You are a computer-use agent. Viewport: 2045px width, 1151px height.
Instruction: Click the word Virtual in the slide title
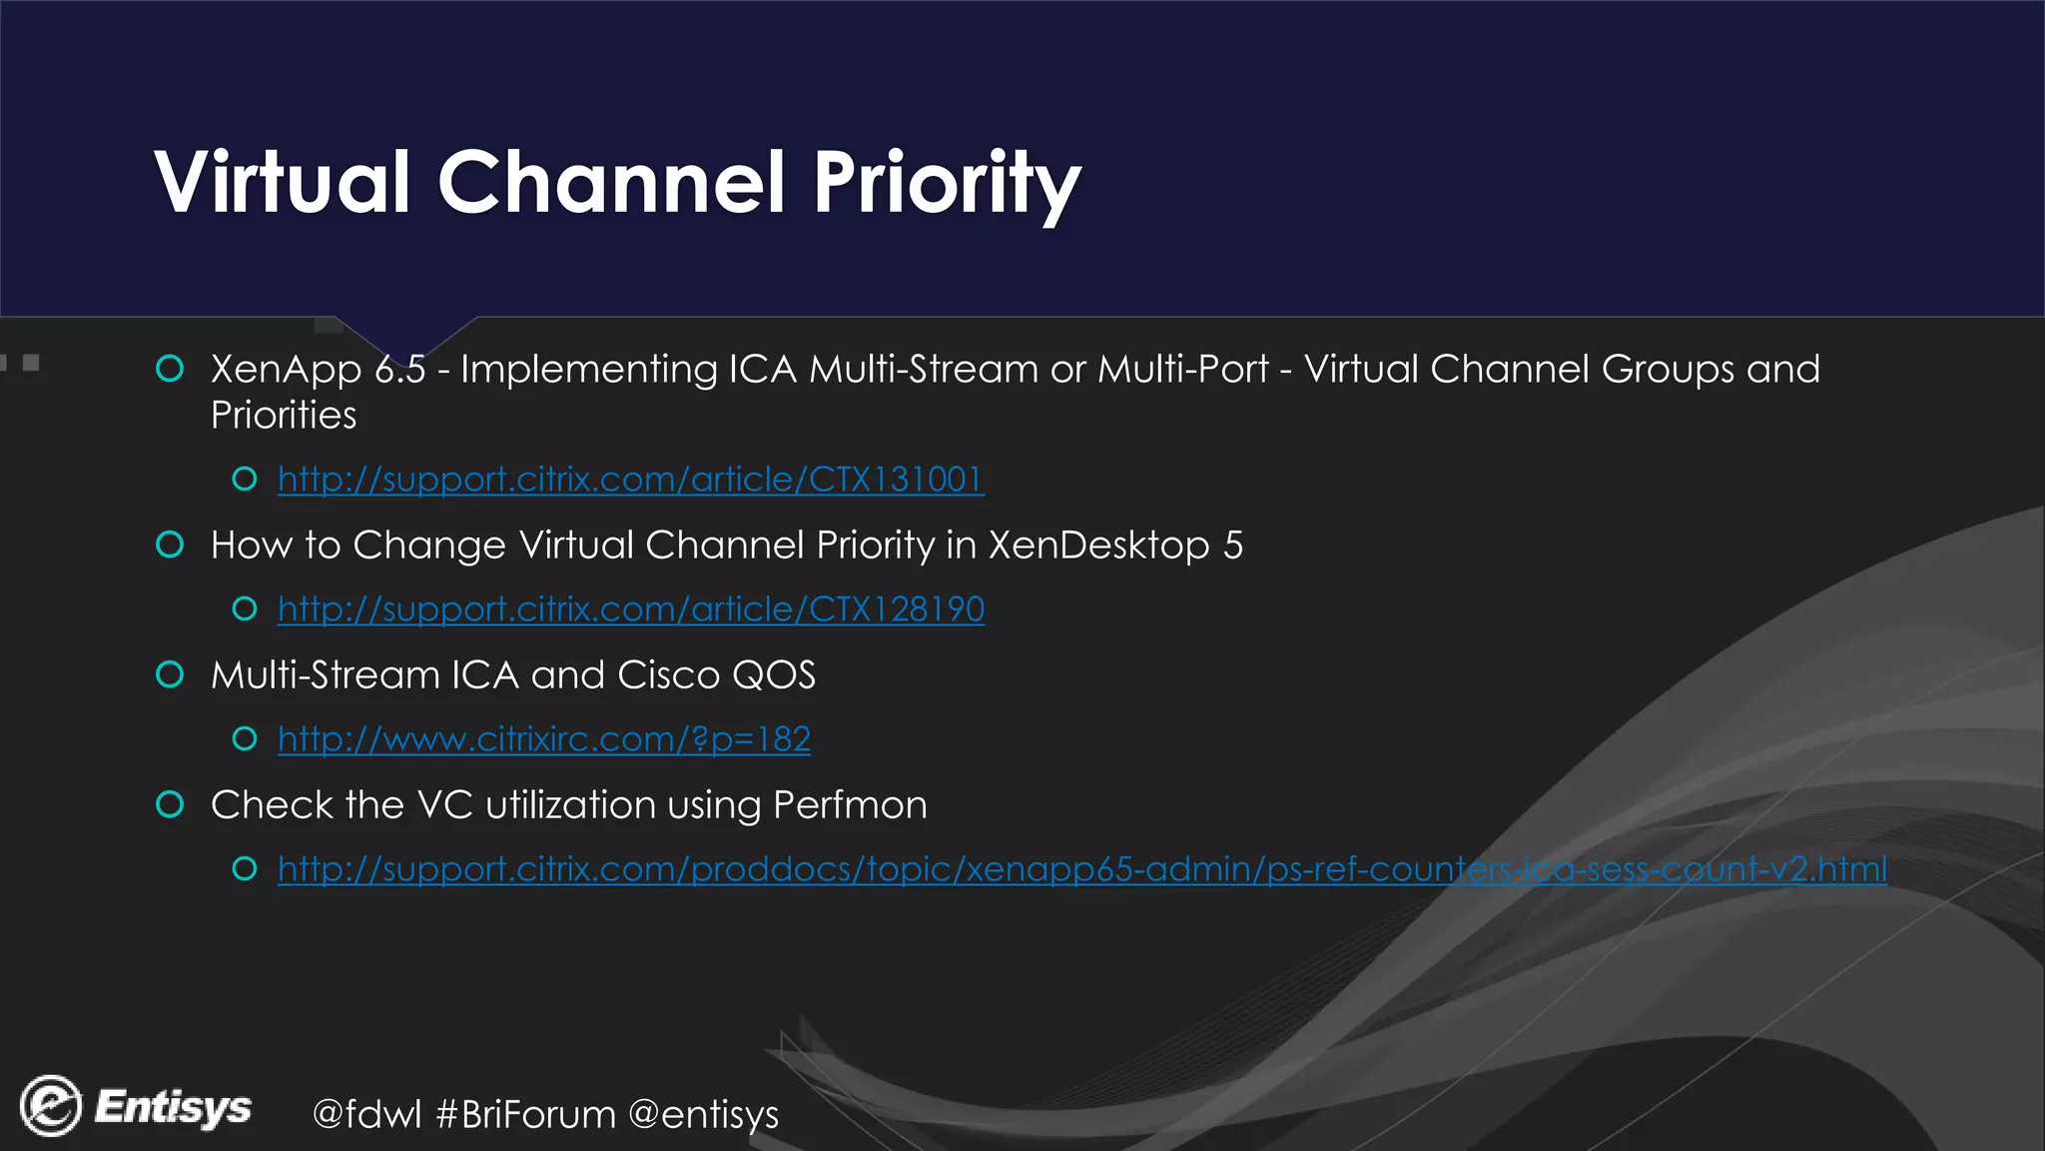tap(283, 182)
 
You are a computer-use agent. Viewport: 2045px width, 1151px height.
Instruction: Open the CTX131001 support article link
tap(631, 480)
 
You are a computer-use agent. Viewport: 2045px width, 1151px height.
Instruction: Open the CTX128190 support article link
tap(631, 609)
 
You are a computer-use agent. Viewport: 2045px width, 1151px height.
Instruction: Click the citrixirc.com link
tap(544, 739)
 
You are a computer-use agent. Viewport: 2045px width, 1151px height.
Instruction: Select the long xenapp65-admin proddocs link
tap(1082, 869)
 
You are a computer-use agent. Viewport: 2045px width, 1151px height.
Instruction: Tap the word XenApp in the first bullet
tap(286, 370)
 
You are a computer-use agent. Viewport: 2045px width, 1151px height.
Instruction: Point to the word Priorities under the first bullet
tap(284, 416)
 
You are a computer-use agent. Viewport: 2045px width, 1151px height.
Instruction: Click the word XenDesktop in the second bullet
tap(1099, 546)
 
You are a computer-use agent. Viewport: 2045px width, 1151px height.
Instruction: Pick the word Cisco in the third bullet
tap(668, 675)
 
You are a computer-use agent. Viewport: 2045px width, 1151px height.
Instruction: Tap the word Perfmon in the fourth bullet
tap(850, 805)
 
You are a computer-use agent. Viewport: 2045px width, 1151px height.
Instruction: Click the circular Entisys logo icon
tap(50, 1106)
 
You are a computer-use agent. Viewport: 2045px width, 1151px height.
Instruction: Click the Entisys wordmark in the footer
tap(173, 1107)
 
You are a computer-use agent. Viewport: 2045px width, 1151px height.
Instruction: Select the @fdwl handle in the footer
tap(367, 1114)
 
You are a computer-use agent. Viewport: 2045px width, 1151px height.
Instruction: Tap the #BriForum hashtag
tap(526, 1114)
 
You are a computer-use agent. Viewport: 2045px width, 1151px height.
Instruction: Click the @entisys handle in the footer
tap(704, 1114)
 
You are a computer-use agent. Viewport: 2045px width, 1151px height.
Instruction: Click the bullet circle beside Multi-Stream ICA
tap(171, 674)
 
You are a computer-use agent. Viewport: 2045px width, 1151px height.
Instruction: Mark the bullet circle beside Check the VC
tap(171, 804)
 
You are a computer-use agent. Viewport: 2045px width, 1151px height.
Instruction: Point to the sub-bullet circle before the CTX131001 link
tap(245, 480)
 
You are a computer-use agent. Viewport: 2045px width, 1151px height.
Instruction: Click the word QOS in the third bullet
tap(774, 675)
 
